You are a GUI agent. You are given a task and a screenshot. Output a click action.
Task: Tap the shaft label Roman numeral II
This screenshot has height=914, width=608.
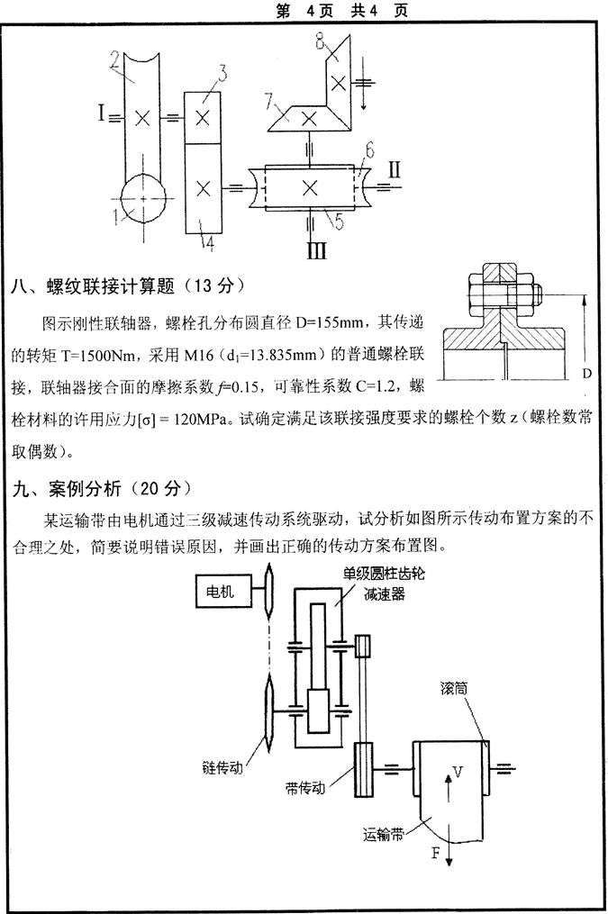(x=395, y=168)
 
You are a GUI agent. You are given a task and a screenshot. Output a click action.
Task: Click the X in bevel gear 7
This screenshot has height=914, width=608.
(x=309, y=117)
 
